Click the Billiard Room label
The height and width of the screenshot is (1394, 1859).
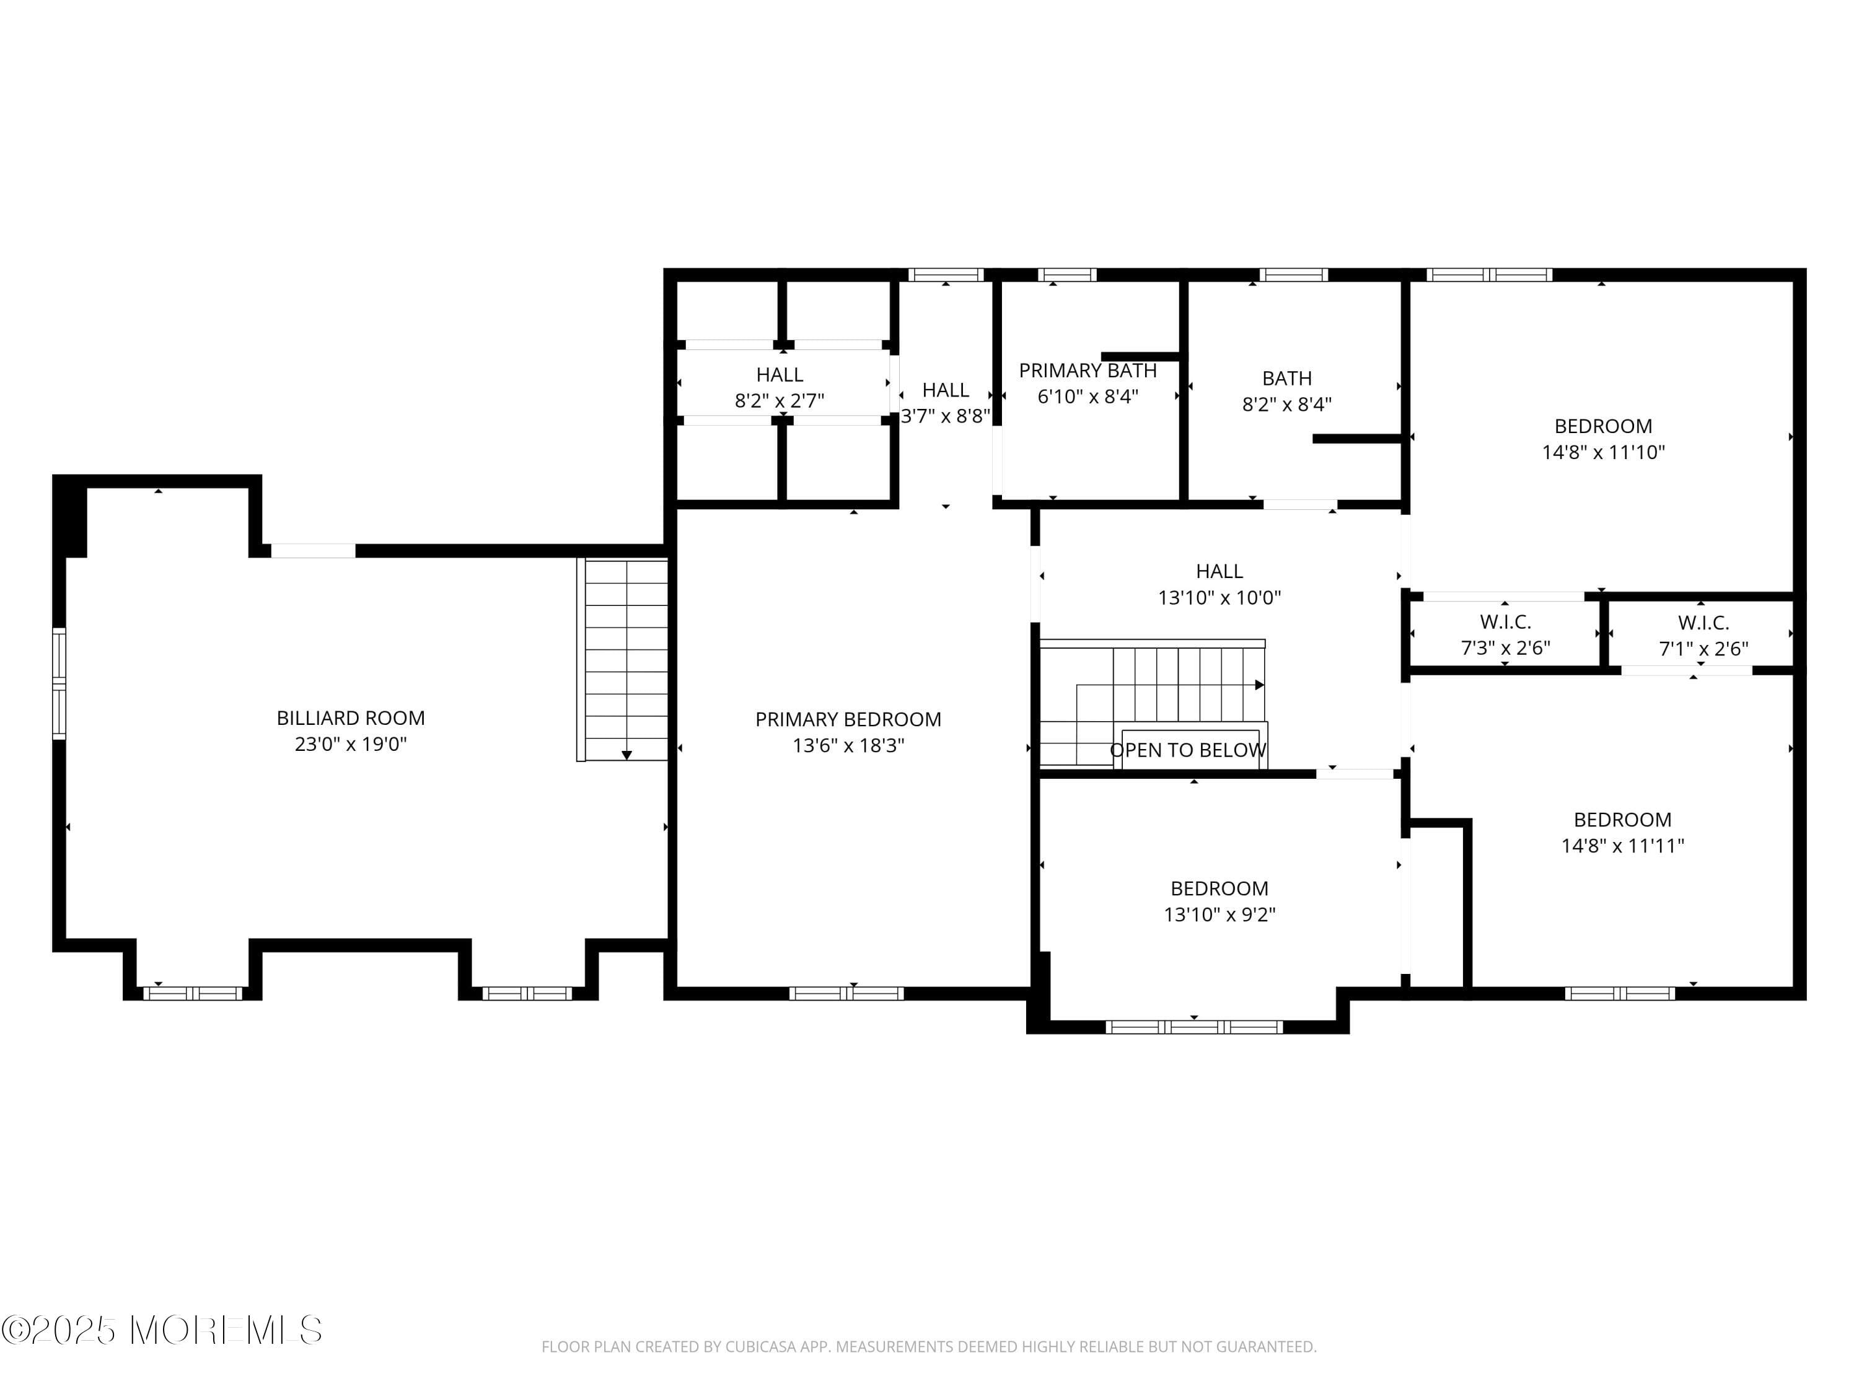[x=351, y=717]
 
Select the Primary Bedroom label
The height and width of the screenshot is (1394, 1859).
[x=848, y=719]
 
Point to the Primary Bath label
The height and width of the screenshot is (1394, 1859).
[x=1088, y=370]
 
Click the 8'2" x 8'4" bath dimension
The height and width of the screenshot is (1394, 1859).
[x=1286, y=404]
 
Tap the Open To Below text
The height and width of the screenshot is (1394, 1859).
[x=1187, y=750]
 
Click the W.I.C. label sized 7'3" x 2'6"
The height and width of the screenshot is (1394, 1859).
[x=1505, y=622]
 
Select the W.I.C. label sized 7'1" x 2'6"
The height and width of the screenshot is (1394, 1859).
[x=1703, y=623]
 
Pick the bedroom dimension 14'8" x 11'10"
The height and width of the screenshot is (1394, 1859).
[x=1602, y=452]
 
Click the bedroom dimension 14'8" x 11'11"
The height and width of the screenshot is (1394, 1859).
[x=1622, y=845]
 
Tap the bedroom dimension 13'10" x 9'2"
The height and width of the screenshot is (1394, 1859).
[x=1219, y=914]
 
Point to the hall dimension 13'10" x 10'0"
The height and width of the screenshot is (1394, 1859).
[x=1219, y=597]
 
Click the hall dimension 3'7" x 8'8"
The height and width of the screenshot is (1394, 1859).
[x=946, y=416]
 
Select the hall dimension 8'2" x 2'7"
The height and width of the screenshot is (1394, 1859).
[x=779, y=401]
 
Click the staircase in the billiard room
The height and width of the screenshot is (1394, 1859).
[x=626, y=660]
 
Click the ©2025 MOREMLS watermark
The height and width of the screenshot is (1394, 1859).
[x=161, y=1330]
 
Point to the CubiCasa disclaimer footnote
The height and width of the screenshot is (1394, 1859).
[x=929, y=1347]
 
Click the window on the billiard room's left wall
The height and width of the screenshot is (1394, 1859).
[x=59, y=684]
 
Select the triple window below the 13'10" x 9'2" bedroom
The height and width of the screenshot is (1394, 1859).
[x=1193, y=1027]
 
